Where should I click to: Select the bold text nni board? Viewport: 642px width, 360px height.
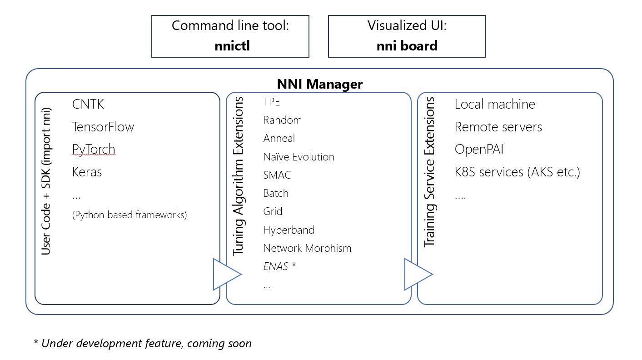(407, 45)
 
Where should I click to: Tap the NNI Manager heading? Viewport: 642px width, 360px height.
(320, 84)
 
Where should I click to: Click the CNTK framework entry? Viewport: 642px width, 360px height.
(88, 104)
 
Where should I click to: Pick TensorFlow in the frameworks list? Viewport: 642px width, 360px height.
(103, 127)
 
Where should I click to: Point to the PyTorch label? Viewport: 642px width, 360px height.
(94, 149)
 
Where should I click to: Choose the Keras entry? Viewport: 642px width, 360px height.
(87, 172)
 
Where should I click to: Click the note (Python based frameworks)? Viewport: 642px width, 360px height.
(129, 215)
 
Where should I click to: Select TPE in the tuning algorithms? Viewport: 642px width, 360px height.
(272, 102)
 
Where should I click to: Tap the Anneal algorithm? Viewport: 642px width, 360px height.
(279, 138)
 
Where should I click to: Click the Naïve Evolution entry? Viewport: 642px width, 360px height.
(299, 157)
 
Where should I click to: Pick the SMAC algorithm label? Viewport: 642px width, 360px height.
(277, 175)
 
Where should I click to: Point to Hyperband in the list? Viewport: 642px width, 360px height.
(289, 230)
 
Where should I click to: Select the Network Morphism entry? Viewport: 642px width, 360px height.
(307, 248)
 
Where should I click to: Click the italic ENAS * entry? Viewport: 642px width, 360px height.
(279, 266)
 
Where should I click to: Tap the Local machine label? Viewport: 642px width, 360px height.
(495, 104)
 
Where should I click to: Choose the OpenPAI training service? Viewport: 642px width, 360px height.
(479, 149)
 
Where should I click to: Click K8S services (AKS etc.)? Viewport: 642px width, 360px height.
(517, 172)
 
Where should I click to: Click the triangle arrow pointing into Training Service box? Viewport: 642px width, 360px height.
(416, 274)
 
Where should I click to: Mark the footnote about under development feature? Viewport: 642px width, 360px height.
(143, 343)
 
